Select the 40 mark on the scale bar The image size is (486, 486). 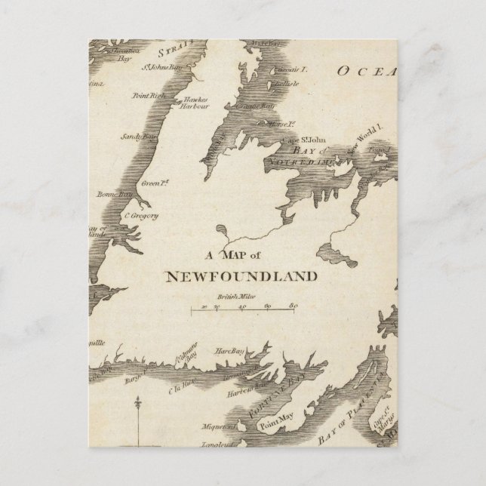[x=242, y=308]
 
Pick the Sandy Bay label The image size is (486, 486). [x=138, y=137]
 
